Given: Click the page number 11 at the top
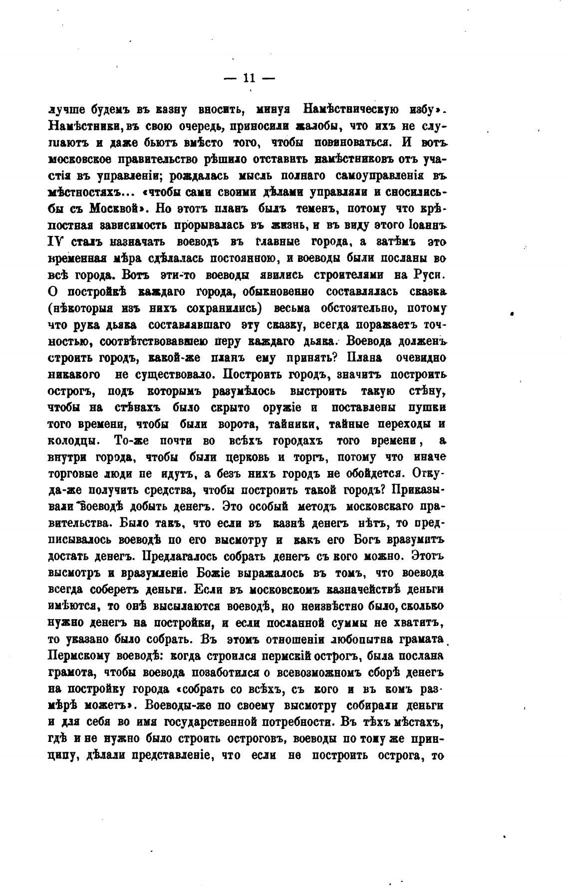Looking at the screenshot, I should click(249, 78).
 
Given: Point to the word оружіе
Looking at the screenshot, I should click(282, 408).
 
